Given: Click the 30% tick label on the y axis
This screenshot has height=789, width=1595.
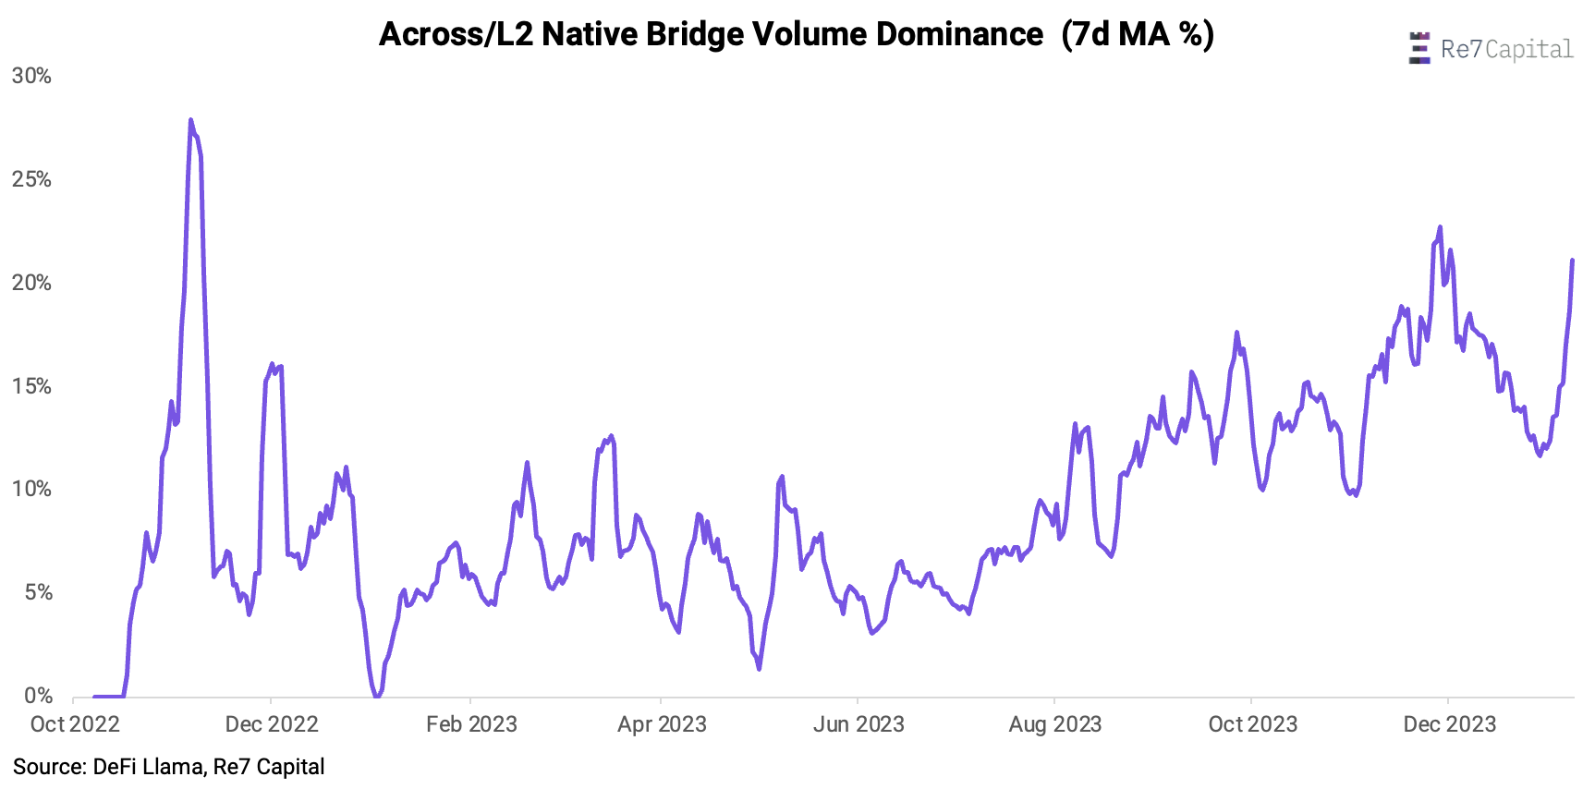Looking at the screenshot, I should point(31,76).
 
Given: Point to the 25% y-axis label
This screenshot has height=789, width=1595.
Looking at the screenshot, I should point(31,179).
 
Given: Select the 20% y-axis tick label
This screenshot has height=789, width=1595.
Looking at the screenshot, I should point(31,283).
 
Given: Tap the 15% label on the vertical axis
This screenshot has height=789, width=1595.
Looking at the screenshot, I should point(31,386).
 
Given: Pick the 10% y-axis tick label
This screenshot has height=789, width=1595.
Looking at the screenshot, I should point(31,489).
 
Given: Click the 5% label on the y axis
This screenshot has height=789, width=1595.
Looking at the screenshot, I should point(38,592).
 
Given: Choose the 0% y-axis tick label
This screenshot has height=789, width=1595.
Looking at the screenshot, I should point(38,696).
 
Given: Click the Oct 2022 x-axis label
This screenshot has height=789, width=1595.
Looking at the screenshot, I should point(75,724).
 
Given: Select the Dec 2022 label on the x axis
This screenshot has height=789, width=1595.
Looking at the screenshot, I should point(272,724).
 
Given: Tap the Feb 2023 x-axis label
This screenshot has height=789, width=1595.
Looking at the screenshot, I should point(471,724).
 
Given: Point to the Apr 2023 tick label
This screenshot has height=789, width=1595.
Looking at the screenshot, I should point(662,724).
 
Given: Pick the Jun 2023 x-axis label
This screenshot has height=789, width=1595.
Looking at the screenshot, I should point(858,724).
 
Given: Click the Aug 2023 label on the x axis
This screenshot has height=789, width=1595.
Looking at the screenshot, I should point(1055,724).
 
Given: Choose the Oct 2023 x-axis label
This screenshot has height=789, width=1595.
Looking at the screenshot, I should point(1253,724).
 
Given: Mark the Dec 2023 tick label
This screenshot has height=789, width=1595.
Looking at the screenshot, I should point(1449,724).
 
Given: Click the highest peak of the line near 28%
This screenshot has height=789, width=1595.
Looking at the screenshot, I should point(191,120).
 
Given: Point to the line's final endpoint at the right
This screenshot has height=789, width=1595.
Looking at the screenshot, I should point(1572,261).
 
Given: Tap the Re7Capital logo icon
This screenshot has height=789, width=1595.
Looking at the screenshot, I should point(1418,48).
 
